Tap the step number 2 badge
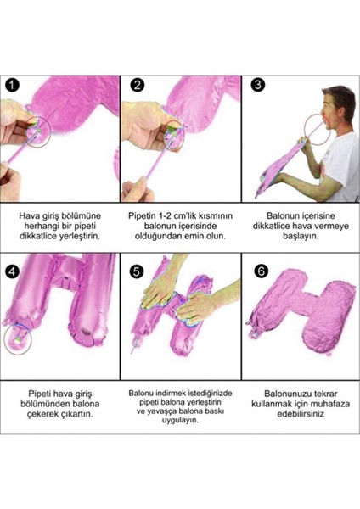[138, 85]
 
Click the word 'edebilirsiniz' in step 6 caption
[301, 416]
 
